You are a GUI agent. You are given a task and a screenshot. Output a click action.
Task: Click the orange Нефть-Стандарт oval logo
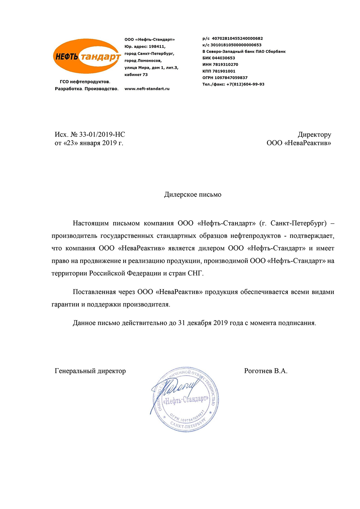point(87,56)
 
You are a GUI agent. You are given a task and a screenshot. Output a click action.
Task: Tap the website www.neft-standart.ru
point(147,89)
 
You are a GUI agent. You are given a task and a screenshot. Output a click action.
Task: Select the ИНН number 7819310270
point(225,64)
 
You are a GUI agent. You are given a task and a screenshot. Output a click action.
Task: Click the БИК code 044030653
point(224,58)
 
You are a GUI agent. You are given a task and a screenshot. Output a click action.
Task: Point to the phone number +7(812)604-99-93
point(245,84)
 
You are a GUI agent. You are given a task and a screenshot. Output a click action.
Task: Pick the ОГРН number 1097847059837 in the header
point(231,78)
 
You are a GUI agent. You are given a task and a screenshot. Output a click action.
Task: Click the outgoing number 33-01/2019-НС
point(102,135)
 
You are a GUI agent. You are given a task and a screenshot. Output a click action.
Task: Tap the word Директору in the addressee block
point(314,135)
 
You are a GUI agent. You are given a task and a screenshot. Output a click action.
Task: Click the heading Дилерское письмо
point(193,195)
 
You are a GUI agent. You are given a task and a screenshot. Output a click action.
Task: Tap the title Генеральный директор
point(90,371)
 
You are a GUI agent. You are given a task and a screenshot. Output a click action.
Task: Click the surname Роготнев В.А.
point(266,371)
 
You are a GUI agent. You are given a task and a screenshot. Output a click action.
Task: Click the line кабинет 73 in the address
point(136,75)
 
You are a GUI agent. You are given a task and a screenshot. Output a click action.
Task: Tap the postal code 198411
point(157,47)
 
